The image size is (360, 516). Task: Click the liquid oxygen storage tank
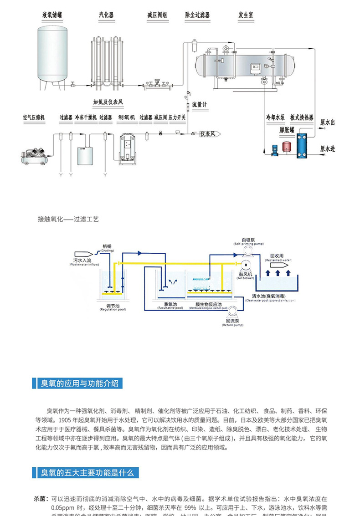tap(51, 55)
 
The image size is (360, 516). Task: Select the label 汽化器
tap(106, 15)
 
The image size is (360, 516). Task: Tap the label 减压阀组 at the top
tap(157, 15)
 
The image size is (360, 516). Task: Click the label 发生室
tap(246, 15)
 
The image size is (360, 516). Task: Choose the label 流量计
tap(199, 104)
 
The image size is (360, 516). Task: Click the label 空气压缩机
tap(34, 118)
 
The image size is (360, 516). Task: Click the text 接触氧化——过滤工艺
tap(68, 219)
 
